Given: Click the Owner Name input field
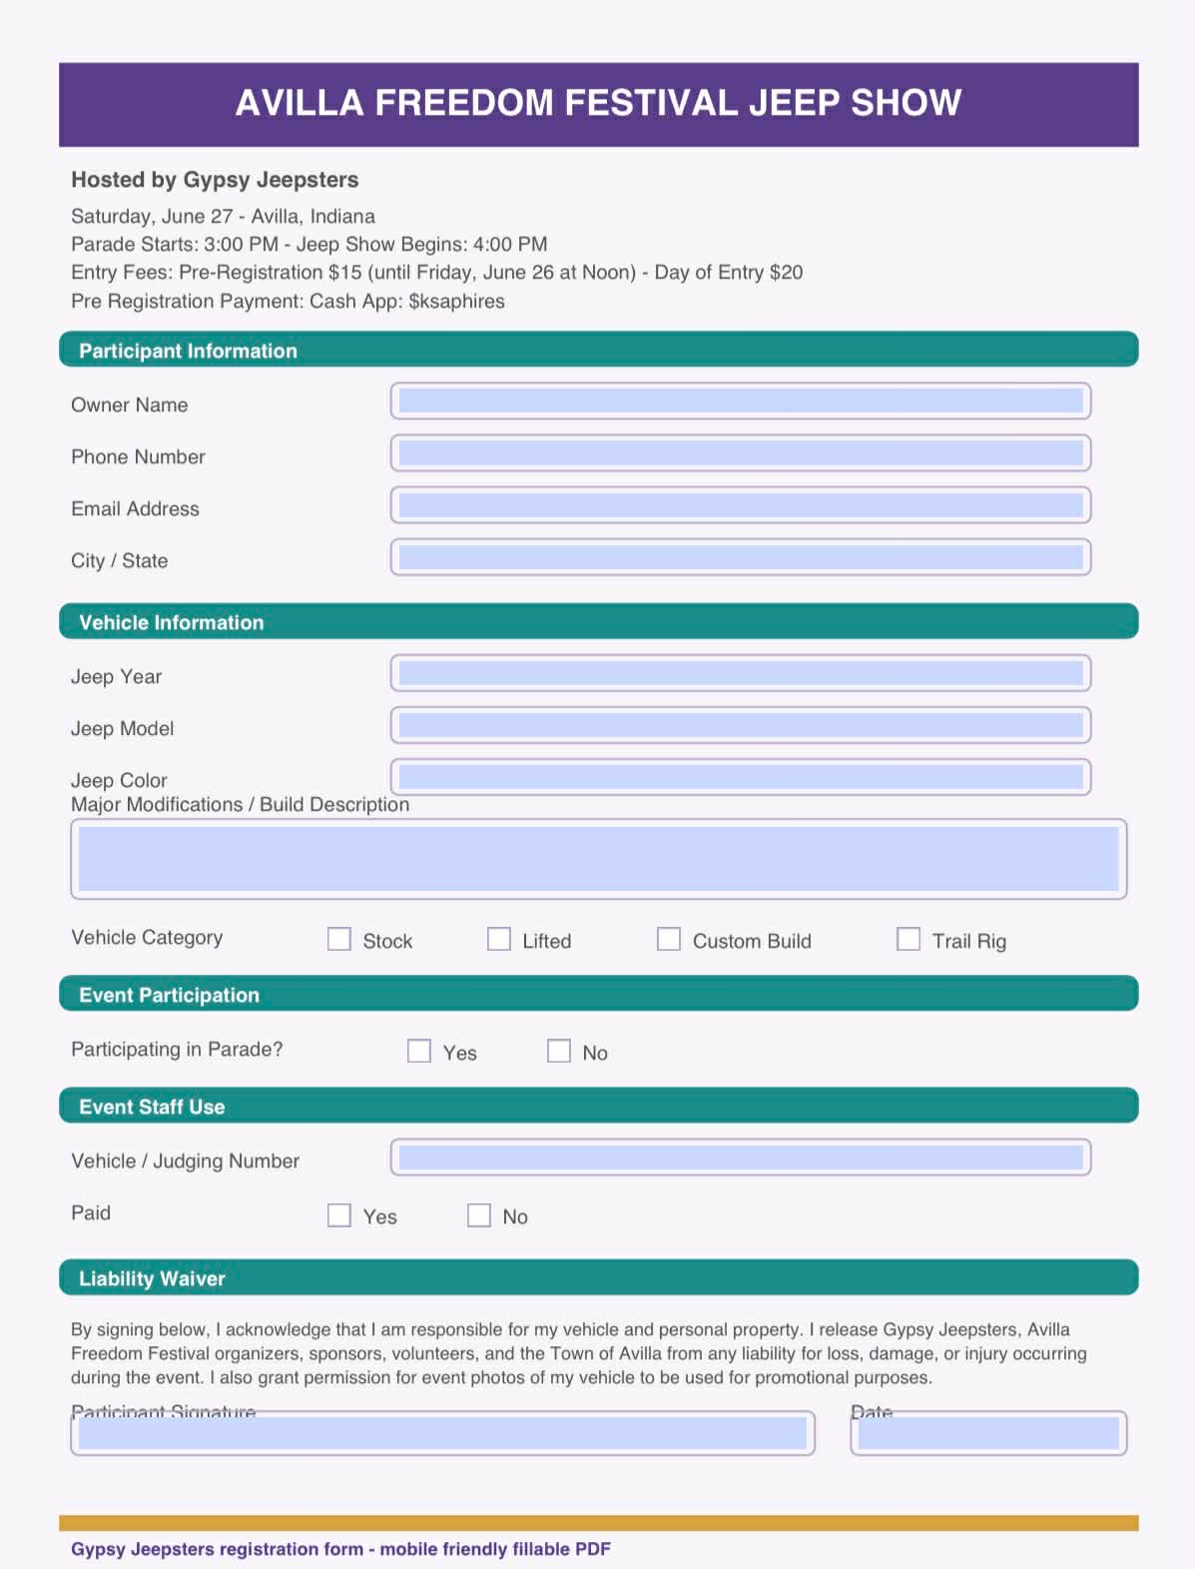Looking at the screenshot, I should (x=740, y=401).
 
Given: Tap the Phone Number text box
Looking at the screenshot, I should (x=740, y=453).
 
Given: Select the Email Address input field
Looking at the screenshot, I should (x=740, y=505).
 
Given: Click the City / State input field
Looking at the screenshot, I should (x=740, y=557).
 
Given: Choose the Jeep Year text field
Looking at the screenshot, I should (x=740, y=673).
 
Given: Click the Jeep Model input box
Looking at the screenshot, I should (x=740, y=725).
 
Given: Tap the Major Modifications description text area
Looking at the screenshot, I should (x=598, y=859).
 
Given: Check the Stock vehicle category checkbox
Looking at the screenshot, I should (x=339, y=939).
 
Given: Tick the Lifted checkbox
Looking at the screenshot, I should (x=499, y=939).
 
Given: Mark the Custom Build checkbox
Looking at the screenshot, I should (x=669, y=939).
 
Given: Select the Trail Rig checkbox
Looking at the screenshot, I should (x=908, y=939).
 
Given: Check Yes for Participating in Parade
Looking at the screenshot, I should (x=419, y=1051).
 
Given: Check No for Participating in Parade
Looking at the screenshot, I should (x=559, y=1051).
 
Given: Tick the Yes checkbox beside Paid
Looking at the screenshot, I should (x=339, y=1214).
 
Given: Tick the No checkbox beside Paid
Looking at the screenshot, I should (x=479, y=1214).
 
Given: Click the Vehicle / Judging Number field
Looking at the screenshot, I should (x=740, y=1158).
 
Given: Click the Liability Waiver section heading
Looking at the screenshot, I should (x=152, y=1278).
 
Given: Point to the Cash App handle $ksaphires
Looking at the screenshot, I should (x=456, y=302).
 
